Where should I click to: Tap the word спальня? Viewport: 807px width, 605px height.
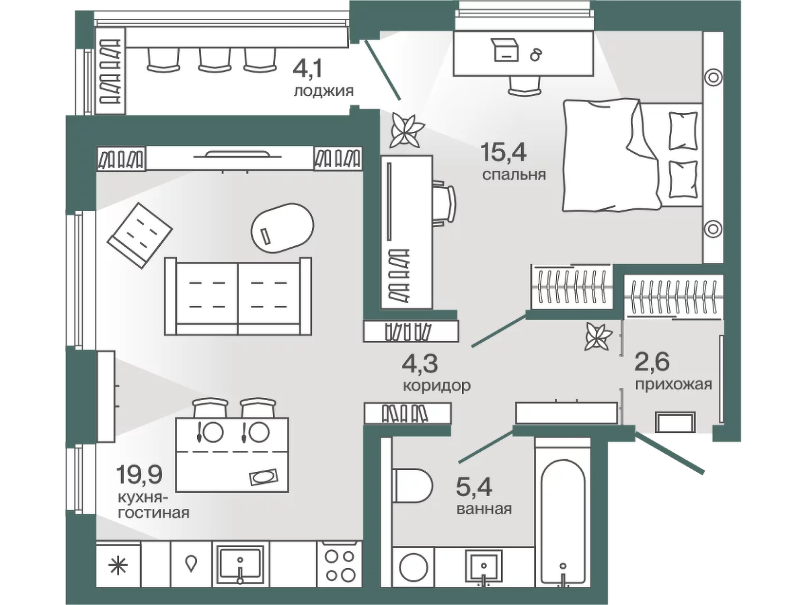[x=514, y=175]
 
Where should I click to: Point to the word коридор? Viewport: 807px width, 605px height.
[x=437, y=386]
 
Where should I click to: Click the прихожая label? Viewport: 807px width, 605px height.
[x=673, y=385]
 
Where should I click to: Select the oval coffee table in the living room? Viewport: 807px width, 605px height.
[x=282, y=228]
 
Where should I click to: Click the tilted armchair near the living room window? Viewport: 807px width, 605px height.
[x=140, y=235]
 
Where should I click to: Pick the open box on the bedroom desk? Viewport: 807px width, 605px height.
[x=506, y=50]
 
